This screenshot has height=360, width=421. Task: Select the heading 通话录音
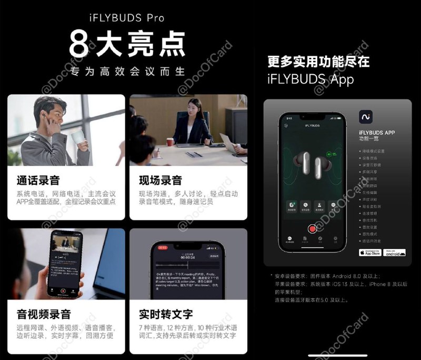38,181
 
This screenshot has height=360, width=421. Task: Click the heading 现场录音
160,181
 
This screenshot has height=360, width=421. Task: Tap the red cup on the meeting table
170,142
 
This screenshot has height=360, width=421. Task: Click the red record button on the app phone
313,228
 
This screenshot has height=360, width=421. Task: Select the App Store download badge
370,253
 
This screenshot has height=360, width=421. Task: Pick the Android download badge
395,253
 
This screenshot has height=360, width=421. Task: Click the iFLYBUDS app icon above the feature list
366,117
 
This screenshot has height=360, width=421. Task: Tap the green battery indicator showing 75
333,154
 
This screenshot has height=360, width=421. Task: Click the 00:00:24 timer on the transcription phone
187,257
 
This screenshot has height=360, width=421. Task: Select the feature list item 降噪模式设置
374,151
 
